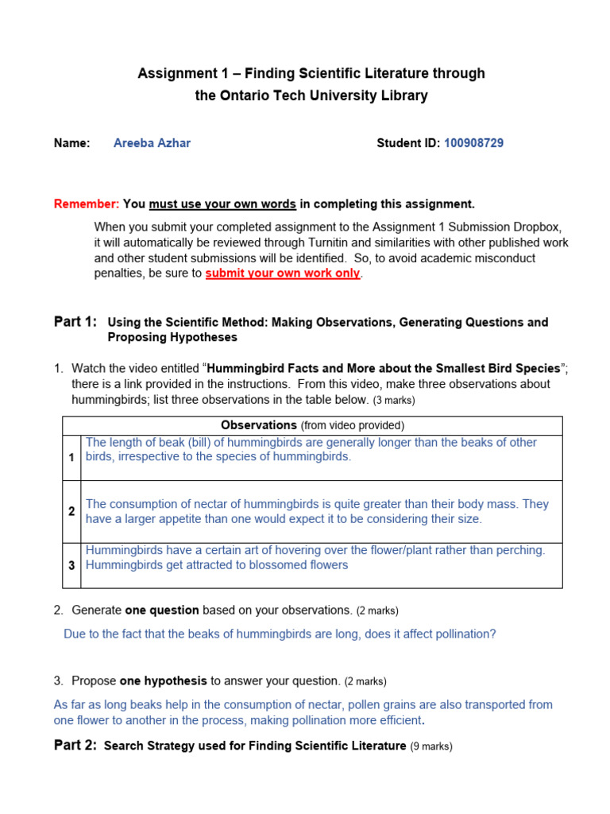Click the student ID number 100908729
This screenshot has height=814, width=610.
(x=473, y=143)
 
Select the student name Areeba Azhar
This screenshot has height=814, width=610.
(x=152, y=143)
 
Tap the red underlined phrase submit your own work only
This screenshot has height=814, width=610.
(x=283, y=273)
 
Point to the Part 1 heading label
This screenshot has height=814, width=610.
(x=75, y=322)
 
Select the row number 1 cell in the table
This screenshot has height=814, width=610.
(x=71, y=458)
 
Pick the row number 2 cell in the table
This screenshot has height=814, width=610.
(x=71, y=512)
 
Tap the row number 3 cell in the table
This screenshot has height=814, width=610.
(x=71, y=565)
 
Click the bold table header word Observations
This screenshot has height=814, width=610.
(x=259, y=426)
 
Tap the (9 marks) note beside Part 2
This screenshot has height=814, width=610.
(x=431, y=747)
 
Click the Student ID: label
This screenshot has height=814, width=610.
(x=408, y=143)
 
